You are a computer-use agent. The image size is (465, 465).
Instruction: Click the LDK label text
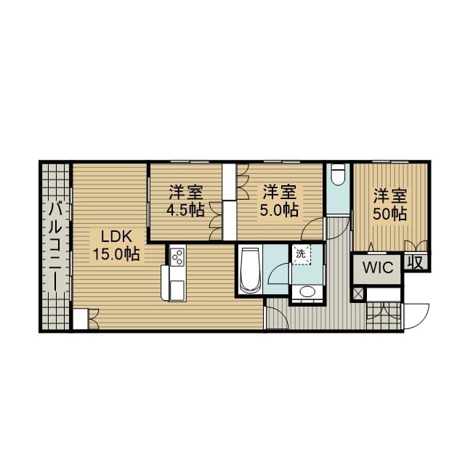[116, 236]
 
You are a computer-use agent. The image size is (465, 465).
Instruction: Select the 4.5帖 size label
[186, 211]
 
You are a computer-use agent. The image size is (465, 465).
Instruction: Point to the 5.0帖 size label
[280, 211]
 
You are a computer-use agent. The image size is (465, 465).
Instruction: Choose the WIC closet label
[378, 267]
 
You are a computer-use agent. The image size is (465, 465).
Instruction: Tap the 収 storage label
[416, 262]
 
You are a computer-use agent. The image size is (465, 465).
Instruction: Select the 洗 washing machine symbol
[301, 254]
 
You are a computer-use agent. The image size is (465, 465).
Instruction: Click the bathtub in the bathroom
[249, 270]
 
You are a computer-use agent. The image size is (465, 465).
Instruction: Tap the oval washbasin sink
[307, 292]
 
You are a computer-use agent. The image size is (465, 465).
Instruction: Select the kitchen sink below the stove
[177, 289]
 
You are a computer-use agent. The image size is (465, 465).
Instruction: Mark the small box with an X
[357, 294]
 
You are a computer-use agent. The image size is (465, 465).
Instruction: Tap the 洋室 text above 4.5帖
[186, 193]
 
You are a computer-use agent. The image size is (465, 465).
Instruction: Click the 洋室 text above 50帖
[390, 195]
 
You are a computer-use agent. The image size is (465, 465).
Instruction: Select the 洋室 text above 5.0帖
[280, 193]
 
